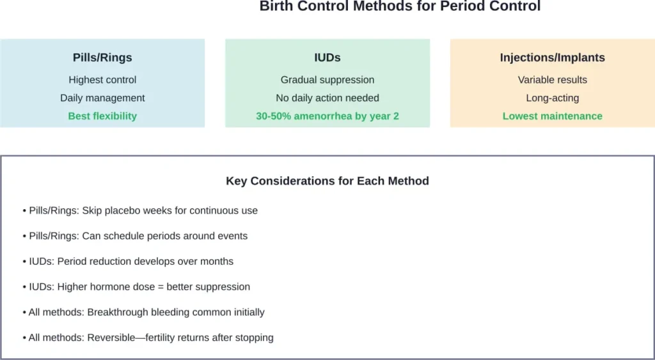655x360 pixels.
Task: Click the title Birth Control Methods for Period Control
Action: coord(400,6)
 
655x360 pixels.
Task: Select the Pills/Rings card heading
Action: coord(102,58)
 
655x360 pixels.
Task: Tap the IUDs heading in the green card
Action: coord(327,58)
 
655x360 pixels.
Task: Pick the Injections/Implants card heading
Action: coord(552,58)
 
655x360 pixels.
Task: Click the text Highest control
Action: coord(102,80)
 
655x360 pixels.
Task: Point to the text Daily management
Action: coord(102,98)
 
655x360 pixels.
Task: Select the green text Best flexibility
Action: coord(102,116)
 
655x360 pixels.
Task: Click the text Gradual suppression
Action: coord(327,80)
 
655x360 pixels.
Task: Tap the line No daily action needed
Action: coord(327,98)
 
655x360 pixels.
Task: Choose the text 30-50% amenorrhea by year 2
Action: coord(327,116)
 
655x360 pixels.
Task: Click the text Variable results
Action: coord(552,80)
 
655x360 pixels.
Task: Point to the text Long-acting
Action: coord(552,98)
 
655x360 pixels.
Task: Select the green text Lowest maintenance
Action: coord(552,116)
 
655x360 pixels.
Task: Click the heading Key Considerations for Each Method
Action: coord(327,181)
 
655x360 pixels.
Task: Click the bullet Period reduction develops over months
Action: coord(127,262)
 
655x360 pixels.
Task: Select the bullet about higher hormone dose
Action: coord(136,287)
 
